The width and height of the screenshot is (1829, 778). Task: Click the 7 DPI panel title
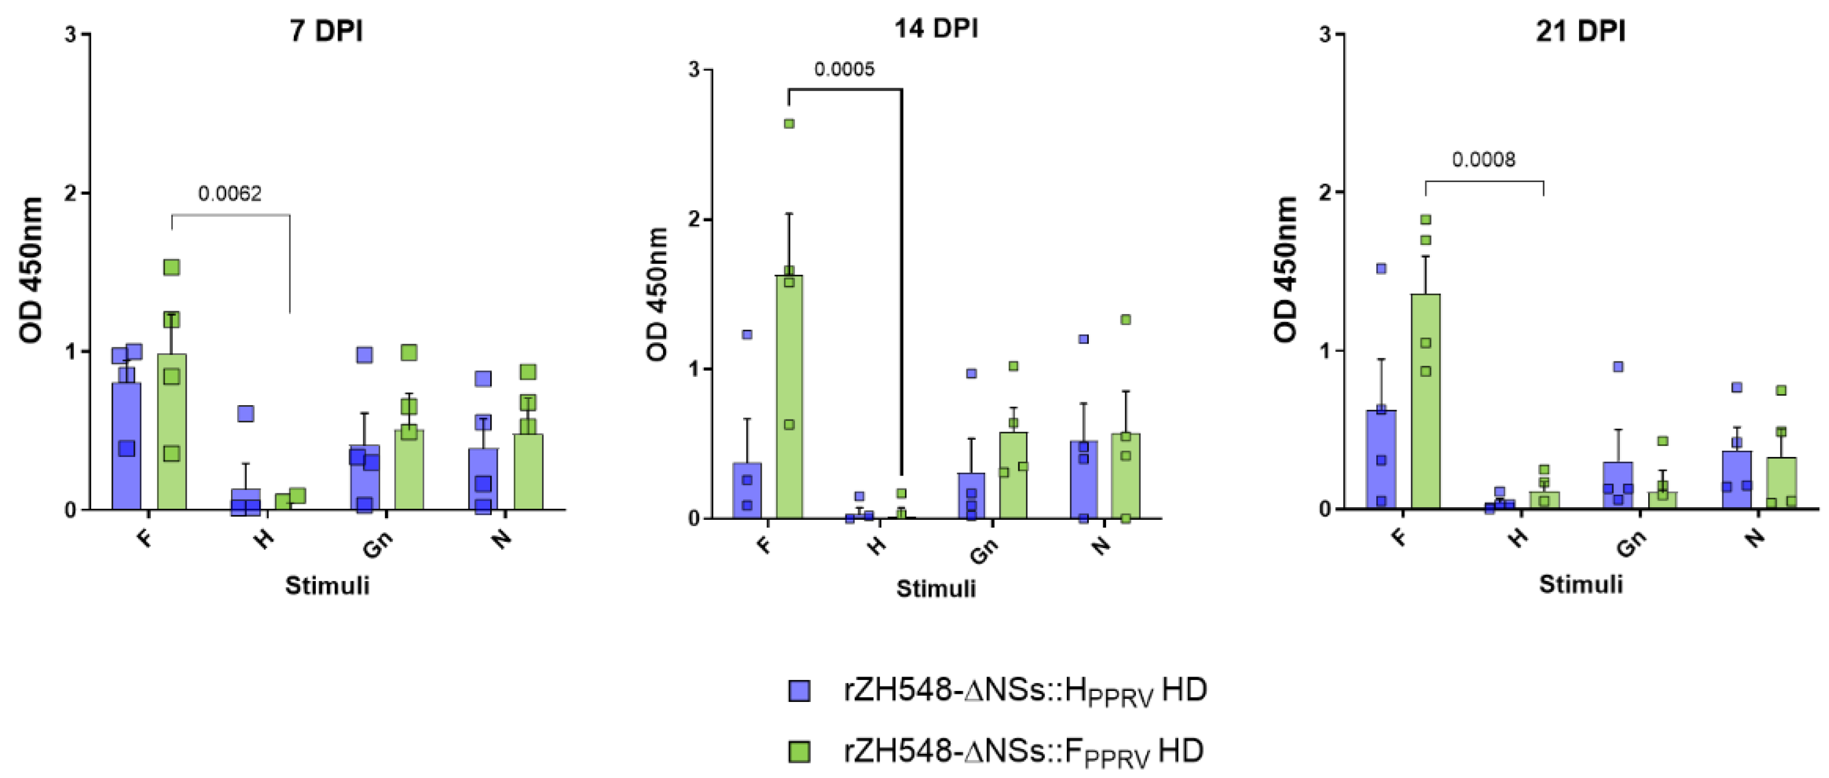tap(326, 31)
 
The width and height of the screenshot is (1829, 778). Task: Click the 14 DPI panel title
tap(935, 28)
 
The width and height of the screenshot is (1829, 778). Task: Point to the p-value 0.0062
tap(229, 193)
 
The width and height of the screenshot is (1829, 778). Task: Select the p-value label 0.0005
tap(843, 70)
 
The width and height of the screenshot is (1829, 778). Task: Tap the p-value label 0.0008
tap(1483, 159)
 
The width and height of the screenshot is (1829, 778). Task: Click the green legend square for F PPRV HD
tap(800, 751)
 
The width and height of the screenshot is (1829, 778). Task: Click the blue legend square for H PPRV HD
tap(800, 690)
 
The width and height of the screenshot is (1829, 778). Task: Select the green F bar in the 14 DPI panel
tap(789, 398)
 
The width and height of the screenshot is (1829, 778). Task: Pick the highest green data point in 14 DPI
tap(789, 124)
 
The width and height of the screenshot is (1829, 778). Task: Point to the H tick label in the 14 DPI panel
tap(877, 545)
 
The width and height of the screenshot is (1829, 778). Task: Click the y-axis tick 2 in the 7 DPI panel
tap(70, 193)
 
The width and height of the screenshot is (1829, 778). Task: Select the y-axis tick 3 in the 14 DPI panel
tap(694, 70)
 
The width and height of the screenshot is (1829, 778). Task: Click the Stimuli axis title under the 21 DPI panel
tap(1581, 584)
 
